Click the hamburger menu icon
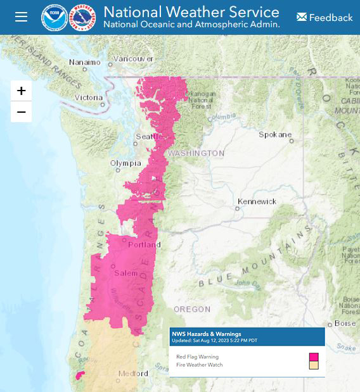point(22,17)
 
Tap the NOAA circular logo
point(54,18)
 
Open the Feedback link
point(324,17)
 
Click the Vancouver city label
point(133,59)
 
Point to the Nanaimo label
point(84,63)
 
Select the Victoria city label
point(88,98)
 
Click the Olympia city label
point(125,163)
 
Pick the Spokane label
point(275,135)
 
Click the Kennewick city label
point(257,201)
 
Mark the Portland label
point(145,244)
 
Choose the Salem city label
point(125,273)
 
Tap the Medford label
point(133,374)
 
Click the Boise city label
point(345,323)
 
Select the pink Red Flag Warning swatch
point(314,357)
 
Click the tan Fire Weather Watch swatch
point(314,365)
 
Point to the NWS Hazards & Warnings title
point(206,334)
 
